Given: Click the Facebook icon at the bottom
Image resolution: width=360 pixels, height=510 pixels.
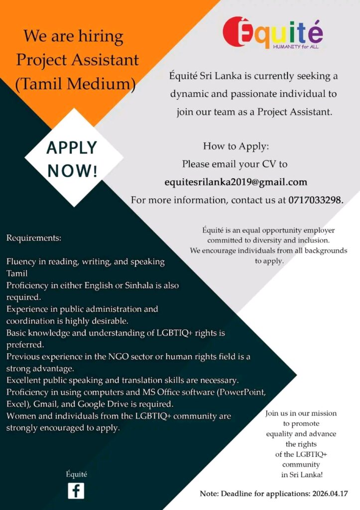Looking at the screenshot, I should [x=76, y=491].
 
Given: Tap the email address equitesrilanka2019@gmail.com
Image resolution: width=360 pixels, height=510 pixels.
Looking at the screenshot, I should [x=236, y=182].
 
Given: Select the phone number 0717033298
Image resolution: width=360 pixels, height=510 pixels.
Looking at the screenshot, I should [x=315, y=200].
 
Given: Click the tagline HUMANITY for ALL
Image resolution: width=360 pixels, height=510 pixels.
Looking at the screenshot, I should [x=295, y=46].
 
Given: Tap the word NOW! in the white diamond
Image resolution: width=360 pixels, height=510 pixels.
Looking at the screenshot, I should [x=72, y=170].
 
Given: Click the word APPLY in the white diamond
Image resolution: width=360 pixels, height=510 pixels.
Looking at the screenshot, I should [x=72, y=148].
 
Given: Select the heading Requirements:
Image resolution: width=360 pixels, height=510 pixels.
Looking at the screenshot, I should [x=33, y=238].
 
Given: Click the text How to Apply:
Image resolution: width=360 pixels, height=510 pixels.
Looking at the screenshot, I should [x=236, y=146].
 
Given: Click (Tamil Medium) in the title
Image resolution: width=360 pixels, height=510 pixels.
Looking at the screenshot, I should [x=75, y=83].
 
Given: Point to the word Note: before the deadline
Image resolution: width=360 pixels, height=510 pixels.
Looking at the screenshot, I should [x=210, y=494].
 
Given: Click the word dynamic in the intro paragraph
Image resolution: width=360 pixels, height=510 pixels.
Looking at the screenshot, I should [x=189, y=94].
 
